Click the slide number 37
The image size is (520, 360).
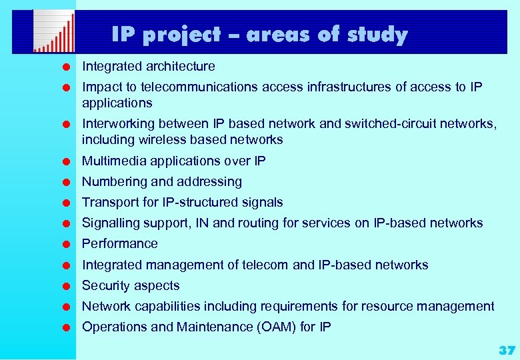click(507, 350)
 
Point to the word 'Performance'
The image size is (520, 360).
click(120, 243)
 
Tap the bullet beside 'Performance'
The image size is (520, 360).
click(67, 244)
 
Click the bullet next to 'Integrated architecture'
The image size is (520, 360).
click(67, 67)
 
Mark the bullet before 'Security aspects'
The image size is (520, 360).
click(67, 286)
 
